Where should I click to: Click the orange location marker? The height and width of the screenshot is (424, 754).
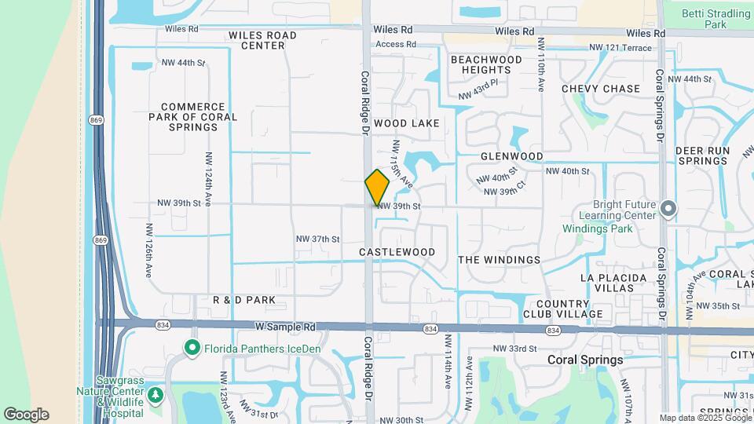[377, 187]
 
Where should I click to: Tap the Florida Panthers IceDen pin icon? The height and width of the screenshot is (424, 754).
[191, 347]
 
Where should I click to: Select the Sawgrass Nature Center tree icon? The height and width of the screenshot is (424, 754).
[156, 393]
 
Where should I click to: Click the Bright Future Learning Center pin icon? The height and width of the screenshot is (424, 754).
[668, 208]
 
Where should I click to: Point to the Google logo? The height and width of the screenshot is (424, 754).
[26, 415]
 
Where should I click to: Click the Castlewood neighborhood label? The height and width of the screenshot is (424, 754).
[397, 252]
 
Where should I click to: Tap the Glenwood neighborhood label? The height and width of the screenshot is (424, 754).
[512, 156]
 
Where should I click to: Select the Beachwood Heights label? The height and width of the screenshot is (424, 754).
[486, 64]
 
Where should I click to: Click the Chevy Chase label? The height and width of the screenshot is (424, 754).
[601, 89]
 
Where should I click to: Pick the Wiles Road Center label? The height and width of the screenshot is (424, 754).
[262, 40]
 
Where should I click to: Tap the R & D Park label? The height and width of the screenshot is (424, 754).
[244, 300]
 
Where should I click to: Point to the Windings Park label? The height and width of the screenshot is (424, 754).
[597, 229]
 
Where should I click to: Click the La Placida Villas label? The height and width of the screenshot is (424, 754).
[613, 283]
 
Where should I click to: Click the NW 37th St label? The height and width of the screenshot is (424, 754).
[317, 239]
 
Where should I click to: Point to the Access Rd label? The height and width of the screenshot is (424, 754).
[395, 45]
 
